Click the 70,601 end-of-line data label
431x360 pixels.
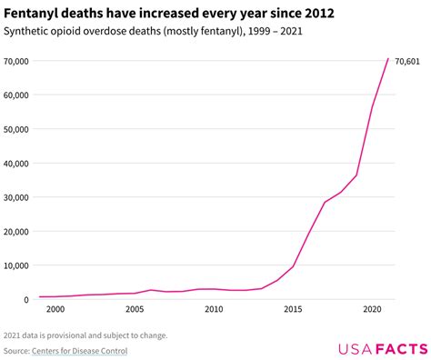tap(407, 61)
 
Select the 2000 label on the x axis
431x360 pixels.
tap(55, 310)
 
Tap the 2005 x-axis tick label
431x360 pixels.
tap(135, 310)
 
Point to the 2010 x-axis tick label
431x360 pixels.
tap(214, 310)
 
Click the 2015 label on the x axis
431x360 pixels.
tap(293, 310)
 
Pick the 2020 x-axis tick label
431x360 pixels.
tap(372, 310)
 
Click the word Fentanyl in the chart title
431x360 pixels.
tap(34, 13)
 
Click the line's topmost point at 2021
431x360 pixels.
tap(388, 59)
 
